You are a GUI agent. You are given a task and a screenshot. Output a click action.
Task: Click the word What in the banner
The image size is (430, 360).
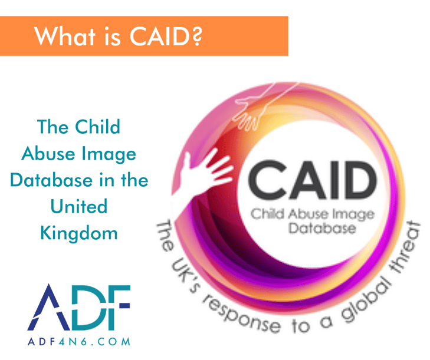click(x=60, y=36)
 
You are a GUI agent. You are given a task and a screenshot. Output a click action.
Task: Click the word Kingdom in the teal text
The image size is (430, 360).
click(x=79, y=233)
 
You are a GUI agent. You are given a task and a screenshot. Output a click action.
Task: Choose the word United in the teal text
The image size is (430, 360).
click(x=79, y=206)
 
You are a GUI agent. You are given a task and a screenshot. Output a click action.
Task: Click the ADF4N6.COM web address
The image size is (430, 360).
click(x=78, y=341)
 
